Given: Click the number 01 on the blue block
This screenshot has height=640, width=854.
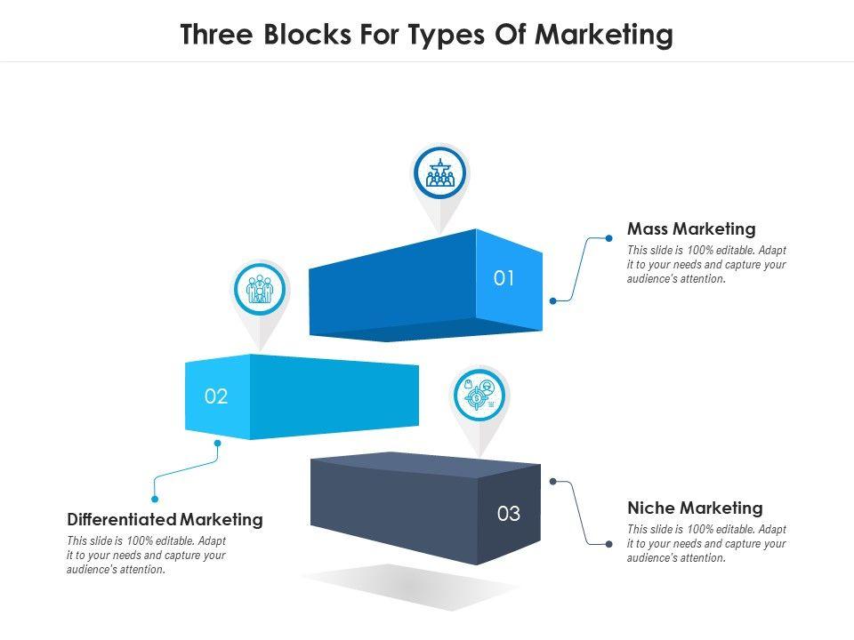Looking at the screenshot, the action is (x=504, y=278).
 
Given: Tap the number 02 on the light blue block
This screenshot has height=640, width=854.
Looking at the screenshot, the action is (x=216, y=396).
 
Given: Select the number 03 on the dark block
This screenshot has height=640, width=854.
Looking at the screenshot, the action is (x=508, y=514).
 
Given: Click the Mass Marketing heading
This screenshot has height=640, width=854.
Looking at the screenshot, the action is (x=691, y=229).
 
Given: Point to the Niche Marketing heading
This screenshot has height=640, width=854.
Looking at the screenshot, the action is (x=695, y=508).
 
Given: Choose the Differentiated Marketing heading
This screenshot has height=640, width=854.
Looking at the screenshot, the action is (x=165, y=519).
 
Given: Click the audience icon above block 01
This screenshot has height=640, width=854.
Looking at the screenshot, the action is (x=439, y=172).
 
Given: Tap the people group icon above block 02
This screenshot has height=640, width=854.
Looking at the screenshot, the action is (x=260, y=288).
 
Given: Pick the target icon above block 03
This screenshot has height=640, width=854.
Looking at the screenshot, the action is (x=480, y=395).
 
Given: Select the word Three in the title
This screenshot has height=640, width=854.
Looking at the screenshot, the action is (x=213, y=35).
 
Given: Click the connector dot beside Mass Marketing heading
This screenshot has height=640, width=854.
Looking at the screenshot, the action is (x=608, y=237).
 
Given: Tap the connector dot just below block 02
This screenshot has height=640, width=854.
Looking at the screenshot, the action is (x=217, y=442).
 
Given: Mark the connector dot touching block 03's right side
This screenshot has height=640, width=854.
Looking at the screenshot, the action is (x=553, y=482).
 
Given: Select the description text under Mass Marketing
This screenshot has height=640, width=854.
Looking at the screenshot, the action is (x=706, y=265).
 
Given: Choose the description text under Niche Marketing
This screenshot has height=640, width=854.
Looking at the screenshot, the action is (x=706, y=544).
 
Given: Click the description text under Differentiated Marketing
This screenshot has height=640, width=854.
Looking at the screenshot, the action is (x=147, y=556).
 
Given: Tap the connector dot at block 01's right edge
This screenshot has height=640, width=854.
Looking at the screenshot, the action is (x=553, y=300).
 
